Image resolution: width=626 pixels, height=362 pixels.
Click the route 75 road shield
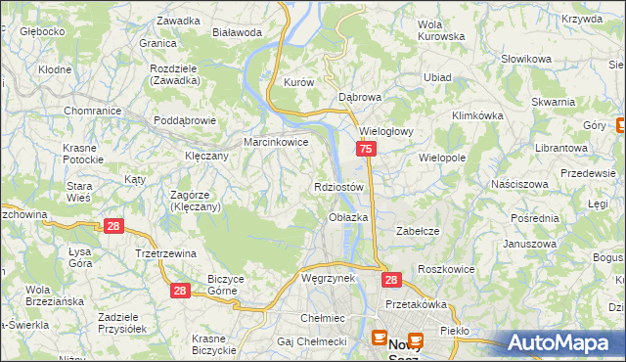point(365,150)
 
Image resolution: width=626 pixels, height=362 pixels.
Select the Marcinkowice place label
point(276,142)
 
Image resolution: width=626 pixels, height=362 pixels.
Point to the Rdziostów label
point(339,187)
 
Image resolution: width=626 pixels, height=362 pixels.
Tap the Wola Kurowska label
point(440,30)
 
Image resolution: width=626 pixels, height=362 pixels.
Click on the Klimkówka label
point(477,114)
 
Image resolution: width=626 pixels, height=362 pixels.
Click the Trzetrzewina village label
point(165,253)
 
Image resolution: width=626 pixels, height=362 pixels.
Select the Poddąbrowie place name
point(185,121)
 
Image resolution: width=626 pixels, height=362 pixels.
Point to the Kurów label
point(297,83)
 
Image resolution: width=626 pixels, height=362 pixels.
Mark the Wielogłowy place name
point(388,130)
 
